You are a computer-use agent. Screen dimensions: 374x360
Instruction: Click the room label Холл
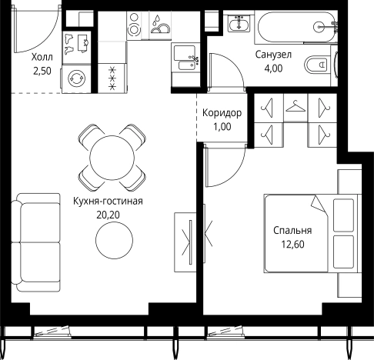[42, 57]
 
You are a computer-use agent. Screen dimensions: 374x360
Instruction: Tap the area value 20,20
[108, 215]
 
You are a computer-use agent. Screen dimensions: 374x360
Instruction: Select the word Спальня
[292, 231]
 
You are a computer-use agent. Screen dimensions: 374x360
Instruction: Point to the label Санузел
[273, 55]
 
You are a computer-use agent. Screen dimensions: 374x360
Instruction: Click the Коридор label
[222, 113]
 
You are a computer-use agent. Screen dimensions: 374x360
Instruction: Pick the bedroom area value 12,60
[292, 245]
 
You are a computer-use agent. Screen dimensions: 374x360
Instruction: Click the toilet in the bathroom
[316, 64]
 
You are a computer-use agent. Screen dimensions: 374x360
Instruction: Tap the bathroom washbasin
[239, 23]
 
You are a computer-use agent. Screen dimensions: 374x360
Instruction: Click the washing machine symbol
[76, 78]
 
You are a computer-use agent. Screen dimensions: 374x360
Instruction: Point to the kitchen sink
[185, 58]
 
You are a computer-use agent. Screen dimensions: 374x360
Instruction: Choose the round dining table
[112, 158]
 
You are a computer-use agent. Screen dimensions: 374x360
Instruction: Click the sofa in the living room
[35, 242]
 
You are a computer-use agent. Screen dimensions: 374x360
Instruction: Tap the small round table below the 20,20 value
[115, 240]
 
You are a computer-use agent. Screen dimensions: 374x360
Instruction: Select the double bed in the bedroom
[311, 233]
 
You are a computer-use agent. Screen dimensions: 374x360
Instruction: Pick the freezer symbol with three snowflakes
[112, 78]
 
